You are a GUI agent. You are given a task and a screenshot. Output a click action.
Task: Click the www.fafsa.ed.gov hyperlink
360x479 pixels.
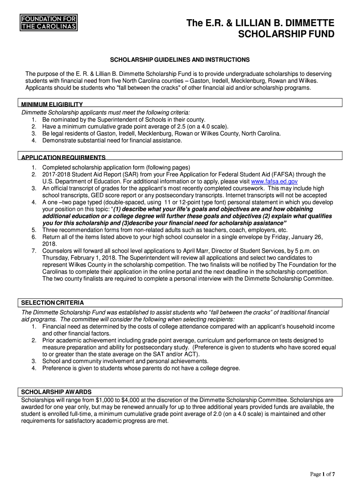(274, 181)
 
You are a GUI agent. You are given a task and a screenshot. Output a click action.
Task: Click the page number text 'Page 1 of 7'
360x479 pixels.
(323, 474)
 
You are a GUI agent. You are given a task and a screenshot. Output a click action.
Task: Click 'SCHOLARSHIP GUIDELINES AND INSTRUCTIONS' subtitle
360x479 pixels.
(180, 60)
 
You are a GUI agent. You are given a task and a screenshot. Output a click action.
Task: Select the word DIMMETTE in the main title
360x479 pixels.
(308, 23)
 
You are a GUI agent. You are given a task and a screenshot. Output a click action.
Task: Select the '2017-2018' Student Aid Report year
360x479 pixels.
(56, 174)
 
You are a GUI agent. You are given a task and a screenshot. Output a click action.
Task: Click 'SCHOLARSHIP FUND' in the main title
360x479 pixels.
(287, 34)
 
